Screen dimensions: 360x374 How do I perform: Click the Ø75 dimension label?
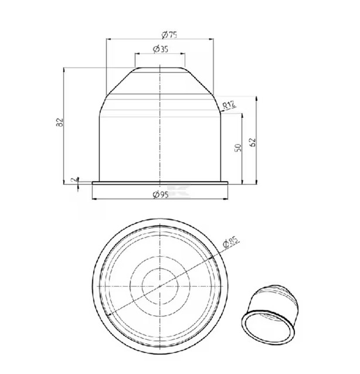tap(169, 35)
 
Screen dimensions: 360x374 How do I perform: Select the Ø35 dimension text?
tap(161, 49)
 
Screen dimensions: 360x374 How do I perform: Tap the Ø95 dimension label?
tap(161, 195)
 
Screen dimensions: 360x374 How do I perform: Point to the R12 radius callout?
tap(229, 105)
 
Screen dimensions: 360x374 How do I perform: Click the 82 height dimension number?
tap(60, 122)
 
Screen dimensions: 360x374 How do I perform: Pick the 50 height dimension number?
tap(238, 147)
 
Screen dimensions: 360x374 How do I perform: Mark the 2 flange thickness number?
tap(74, 179)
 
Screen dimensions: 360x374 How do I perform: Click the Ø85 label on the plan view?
tap(230, 243)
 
